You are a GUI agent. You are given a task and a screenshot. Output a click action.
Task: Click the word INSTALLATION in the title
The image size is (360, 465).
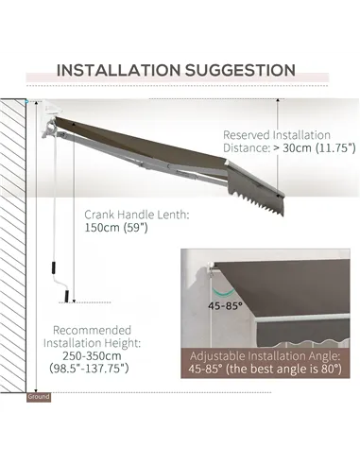(x=118, y=70)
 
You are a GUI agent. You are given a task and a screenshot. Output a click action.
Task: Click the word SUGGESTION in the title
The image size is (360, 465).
(x=240, y=70)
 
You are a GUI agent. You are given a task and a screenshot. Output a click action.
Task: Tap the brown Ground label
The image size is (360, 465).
(x=39, y=397)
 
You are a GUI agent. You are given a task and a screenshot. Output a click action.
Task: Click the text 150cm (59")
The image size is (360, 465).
(x=116, y=228)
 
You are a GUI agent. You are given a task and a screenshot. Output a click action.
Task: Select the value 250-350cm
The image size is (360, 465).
(x=92, y=355)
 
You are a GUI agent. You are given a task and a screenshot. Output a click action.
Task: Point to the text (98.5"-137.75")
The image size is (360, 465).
(x=89, y=368)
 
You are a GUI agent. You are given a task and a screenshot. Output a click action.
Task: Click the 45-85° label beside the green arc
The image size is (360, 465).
(x=225, y=305)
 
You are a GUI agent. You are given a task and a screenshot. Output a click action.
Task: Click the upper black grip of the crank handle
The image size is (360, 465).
(x=52, y=267)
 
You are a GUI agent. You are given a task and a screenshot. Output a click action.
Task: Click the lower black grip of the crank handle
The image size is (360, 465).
(x=67, y=296)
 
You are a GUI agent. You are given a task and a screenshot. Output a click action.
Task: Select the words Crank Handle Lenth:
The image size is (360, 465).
(x=137, y=215)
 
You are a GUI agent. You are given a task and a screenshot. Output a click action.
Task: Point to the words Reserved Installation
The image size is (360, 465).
(x=277, y=135)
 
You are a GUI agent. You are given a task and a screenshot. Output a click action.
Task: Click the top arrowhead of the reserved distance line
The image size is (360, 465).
(x=278, y=101)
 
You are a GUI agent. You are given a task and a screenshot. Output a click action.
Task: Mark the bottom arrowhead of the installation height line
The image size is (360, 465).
(x=37, y=390)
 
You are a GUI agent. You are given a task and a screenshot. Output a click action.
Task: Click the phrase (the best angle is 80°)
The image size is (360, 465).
(x=283, y=369)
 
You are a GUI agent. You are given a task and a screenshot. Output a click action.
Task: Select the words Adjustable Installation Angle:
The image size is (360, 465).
(x=265, y=356)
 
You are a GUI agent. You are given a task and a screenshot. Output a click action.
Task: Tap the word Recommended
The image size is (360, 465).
(x=92, y=330)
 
